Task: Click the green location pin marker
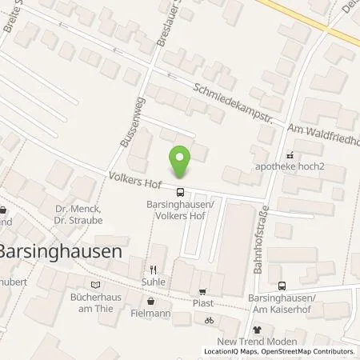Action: [182, 162]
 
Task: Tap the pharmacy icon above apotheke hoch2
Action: [290, 156]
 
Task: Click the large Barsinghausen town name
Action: [61, 250]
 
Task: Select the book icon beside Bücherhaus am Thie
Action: [96, 284]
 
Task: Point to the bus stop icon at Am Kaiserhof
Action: [281, 286]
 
